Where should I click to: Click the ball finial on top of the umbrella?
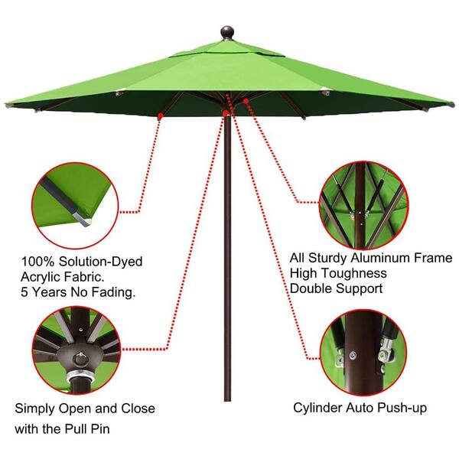(227, 32)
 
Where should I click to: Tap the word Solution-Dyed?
(100, 262)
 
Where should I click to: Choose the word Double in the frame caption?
(311, 288)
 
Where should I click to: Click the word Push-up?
(402, 408)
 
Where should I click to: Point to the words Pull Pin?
(87, 429)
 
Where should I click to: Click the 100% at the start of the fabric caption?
(37, 262)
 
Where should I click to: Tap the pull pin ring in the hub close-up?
(80, 358)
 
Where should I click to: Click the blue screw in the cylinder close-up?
(353, 356)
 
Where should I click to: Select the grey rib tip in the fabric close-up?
(83, 219)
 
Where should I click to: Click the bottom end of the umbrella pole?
(227, 399)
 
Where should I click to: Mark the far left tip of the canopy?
(6, 105)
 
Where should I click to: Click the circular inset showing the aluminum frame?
(363, 205)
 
